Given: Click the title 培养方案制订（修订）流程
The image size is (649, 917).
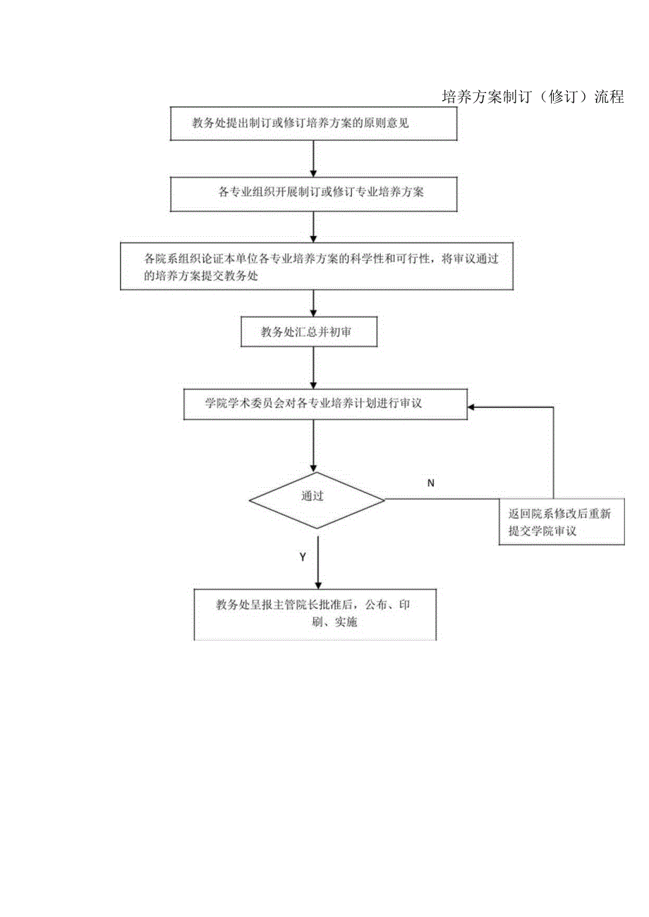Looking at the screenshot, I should pyautogui.click(x=533, y=97).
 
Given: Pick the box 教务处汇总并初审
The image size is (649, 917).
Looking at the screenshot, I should pyautogui.click(x=309, y=331).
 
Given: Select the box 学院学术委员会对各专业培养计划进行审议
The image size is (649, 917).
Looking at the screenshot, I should pyautogui.click(x=325, y=404).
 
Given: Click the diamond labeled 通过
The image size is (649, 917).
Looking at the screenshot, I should pyautogui.click(x=316, y=500).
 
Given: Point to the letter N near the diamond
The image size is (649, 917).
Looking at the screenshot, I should pyautogui.click(x=431, y=483).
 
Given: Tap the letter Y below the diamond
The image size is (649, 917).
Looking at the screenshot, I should pyautogui.click(x=303, y=557).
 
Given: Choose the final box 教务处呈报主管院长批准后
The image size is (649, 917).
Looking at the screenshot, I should pyautogui.click(x=315, y=613).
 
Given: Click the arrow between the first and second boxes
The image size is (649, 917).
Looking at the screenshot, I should pyautogui.click(x=314, y=158).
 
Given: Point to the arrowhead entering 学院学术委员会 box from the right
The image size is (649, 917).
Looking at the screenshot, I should pyautogui.click(x=473, y=407).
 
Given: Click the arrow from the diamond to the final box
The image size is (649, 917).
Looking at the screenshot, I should pyautogui.click(x=318, y=562).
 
